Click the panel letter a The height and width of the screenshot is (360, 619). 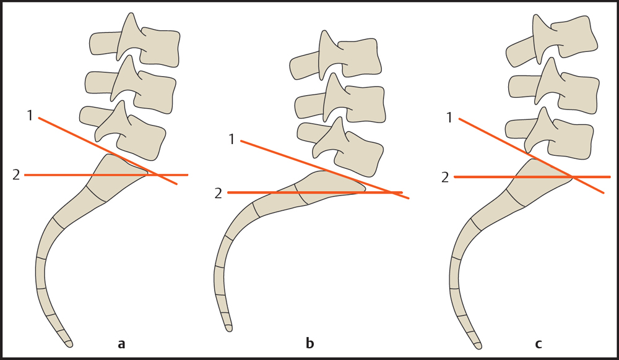pos(121,344)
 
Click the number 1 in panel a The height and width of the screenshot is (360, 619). pos(30,115)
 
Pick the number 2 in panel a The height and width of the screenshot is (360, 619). pos(16,175)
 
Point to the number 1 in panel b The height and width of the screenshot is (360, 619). pos(232,139)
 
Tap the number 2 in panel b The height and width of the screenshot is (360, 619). pos(218,193)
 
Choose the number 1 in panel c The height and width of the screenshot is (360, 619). pos(449,117)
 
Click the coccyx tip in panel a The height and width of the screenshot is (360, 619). pos(69,342)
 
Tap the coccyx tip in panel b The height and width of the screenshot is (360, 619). pos(228,327)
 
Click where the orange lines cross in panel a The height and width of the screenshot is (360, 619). pos(157,175)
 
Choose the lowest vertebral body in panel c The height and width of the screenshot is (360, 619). pos(573,135)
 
